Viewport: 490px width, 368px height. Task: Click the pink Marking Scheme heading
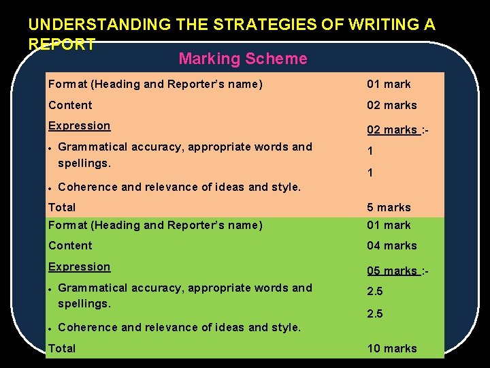(242, 59)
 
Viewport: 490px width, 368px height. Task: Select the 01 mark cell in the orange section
(389, 85)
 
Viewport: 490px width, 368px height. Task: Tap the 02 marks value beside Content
(392, 105)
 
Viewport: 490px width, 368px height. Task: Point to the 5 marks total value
(389, 207)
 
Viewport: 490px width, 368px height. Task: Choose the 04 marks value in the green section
(392, 245)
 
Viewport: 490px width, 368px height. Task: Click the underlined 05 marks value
(392, 271)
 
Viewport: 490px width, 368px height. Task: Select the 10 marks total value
(392, 348)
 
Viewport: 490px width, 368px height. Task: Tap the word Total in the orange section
(62, 207)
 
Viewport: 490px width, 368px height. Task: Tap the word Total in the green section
(62, 348)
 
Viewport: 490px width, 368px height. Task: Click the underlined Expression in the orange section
(79, 125)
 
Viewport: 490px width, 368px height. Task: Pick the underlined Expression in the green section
(79, 266)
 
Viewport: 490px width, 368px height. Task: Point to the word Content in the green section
(70, 245)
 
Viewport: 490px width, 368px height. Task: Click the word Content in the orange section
(70, 105)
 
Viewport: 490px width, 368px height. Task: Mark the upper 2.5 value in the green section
(375, 291)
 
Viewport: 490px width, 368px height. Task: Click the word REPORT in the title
(62, 44)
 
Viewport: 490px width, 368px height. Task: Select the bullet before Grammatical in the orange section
(51, 148)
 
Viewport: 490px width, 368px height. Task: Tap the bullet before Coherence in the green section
(51, 328)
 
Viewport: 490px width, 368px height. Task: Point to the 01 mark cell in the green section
(389, 225)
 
